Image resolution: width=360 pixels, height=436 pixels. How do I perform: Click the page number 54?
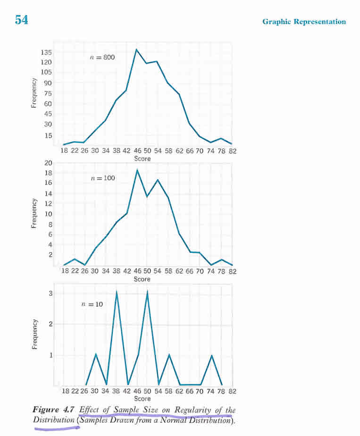pos(21,20)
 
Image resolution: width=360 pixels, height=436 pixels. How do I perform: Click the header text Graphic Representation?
pos(304,22)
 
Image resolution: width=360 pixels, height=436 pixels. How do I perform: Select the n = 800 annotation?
pos(102,57)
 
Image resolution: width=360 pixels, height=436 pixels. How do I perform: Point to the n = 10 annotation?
pos(92,304)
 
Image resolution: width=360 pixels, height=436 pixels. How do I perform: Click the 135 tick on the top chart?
pos(46,52)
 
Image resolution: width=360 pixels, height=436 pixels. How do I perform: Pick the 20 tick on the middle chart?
pos(48,163)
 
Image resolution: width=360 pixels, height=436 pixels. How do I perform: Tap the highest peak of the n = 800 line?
pos(136,49)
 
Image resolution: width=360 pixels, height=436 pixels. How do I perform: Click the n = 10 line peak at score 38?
pos(117,292)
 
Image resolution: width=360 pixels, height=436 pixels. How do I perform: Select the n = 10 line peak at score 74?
pos(212,355)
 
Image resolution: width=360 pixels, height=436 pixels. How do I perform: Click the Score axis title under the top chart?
pos(142,159)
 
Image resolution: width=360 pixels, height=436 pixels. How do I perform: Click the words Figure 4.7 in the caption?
pos(54,410)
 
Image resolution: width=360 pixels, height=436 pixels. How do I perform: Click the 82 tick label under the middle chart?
pos(233,271)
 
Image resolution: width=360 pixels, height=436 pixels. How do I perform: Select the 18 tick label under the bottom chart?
pos(65,391)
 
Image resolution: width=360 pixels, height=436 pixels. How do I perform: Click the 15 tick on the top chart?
pos(48,135)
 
